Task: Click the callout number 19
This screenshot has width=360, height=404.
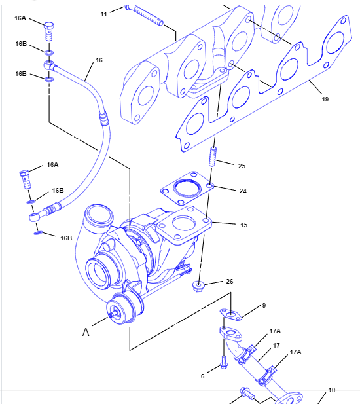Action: coord(325,99)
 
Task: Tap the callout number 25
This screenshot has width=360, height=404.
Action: coord(242,166)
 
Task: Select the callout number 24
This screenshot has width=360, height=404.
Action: coord(243,191)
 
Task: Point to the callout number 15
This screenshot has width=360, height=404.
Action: coord(244,225)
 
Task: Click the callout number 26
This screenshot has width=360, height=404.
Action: coord(230,282)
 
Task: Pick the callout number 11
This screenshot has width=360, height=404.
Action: coord(104,14)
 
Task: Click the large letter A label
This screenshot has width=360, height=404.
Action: coord(86,332)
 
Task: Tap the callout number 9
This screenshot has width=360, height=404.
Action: coord(264,306)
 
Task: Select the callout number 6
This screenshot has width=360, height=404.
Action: coord(203,376)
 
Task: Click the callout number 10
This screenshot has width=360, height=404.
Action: coord(332,390)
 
